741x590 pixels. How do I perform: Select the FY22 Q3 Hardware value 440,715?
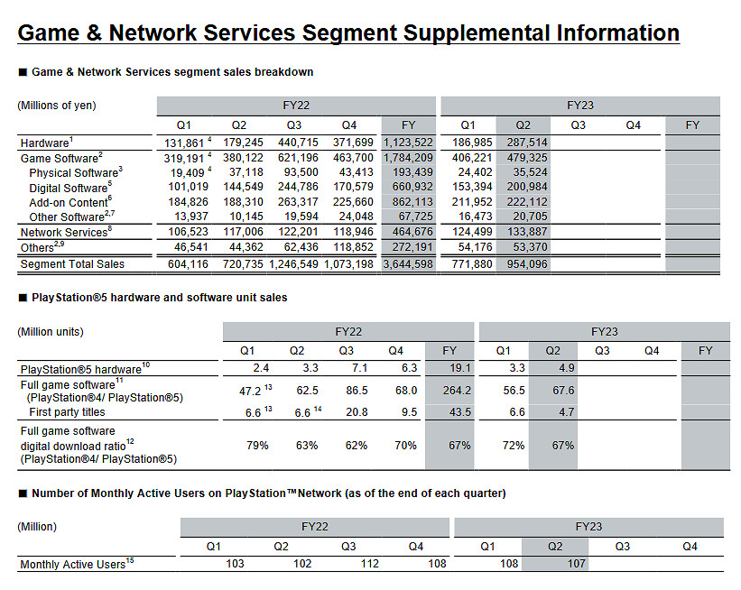(295, 143)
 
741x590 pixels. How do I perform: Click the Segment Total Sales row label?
(72, 263)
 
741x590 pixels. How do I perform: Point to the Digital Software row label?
(69, 188)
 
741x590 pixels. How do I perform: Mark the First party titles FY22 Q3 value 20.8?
(345, 412)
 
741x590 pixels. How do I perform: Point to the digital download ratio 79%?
(260, 445)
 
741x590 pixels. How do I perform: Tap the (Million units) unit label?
(51, 331)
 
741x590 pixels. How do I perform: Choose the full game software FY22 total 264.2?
(449, 391)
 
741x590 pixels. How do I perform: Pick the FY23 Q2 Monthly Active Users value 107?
(575, 564)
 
